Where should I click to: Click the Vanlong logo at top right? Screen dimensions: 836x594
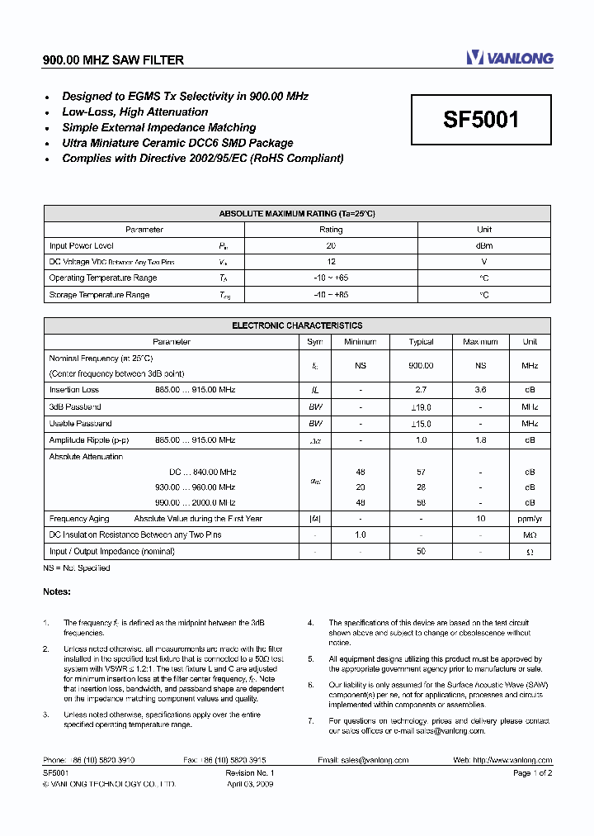tap(509, 58)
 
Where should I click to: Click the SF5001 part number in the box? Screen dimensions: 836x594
tap(481, 121)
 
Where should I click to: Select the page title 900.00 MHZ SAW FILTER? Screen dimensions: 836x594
tap(113, 60)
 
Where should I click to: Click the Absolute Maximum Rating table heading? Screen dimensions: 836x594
tap(296, 213)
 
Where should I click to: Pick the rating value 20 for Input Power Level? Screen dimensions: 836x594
tap(331, 245)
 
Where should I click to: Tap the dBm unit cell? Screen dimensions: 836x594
tap(484, 245)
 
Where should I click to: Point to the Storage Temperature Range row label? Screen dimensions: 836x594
tap(99, 294)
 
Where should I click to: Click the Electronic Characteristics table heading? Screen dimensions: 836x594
tap(297, 325)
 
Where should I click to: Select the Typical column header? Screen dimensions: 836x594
tap(421, 341)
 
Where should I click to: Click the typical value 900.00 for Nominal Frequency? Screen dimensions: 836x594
tap(421, 364)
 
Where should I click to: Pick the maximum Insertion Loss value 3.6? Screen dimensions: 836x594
tap(481, 389)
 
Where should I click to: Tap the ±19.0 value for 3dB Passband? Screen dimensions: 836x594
tap(421, 406)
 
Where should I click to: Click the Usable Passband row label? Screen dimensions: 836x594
tap(80, 423)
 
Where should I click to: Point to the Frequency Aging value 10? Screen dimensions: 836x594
tap(481, 518)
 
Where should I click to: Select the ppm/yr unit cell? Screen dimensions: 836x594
tap(530, 518)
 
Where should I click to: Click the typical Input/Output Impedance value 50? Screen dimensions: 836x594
tap(421, 550)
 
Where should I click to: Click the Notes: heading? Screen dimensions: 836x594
tap(57, 591)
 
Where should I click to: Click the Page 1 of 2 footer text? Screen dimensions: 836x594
tap(532, 773)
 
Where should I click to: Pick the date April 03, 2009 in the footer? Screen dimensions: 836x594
tap(249, 785)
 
